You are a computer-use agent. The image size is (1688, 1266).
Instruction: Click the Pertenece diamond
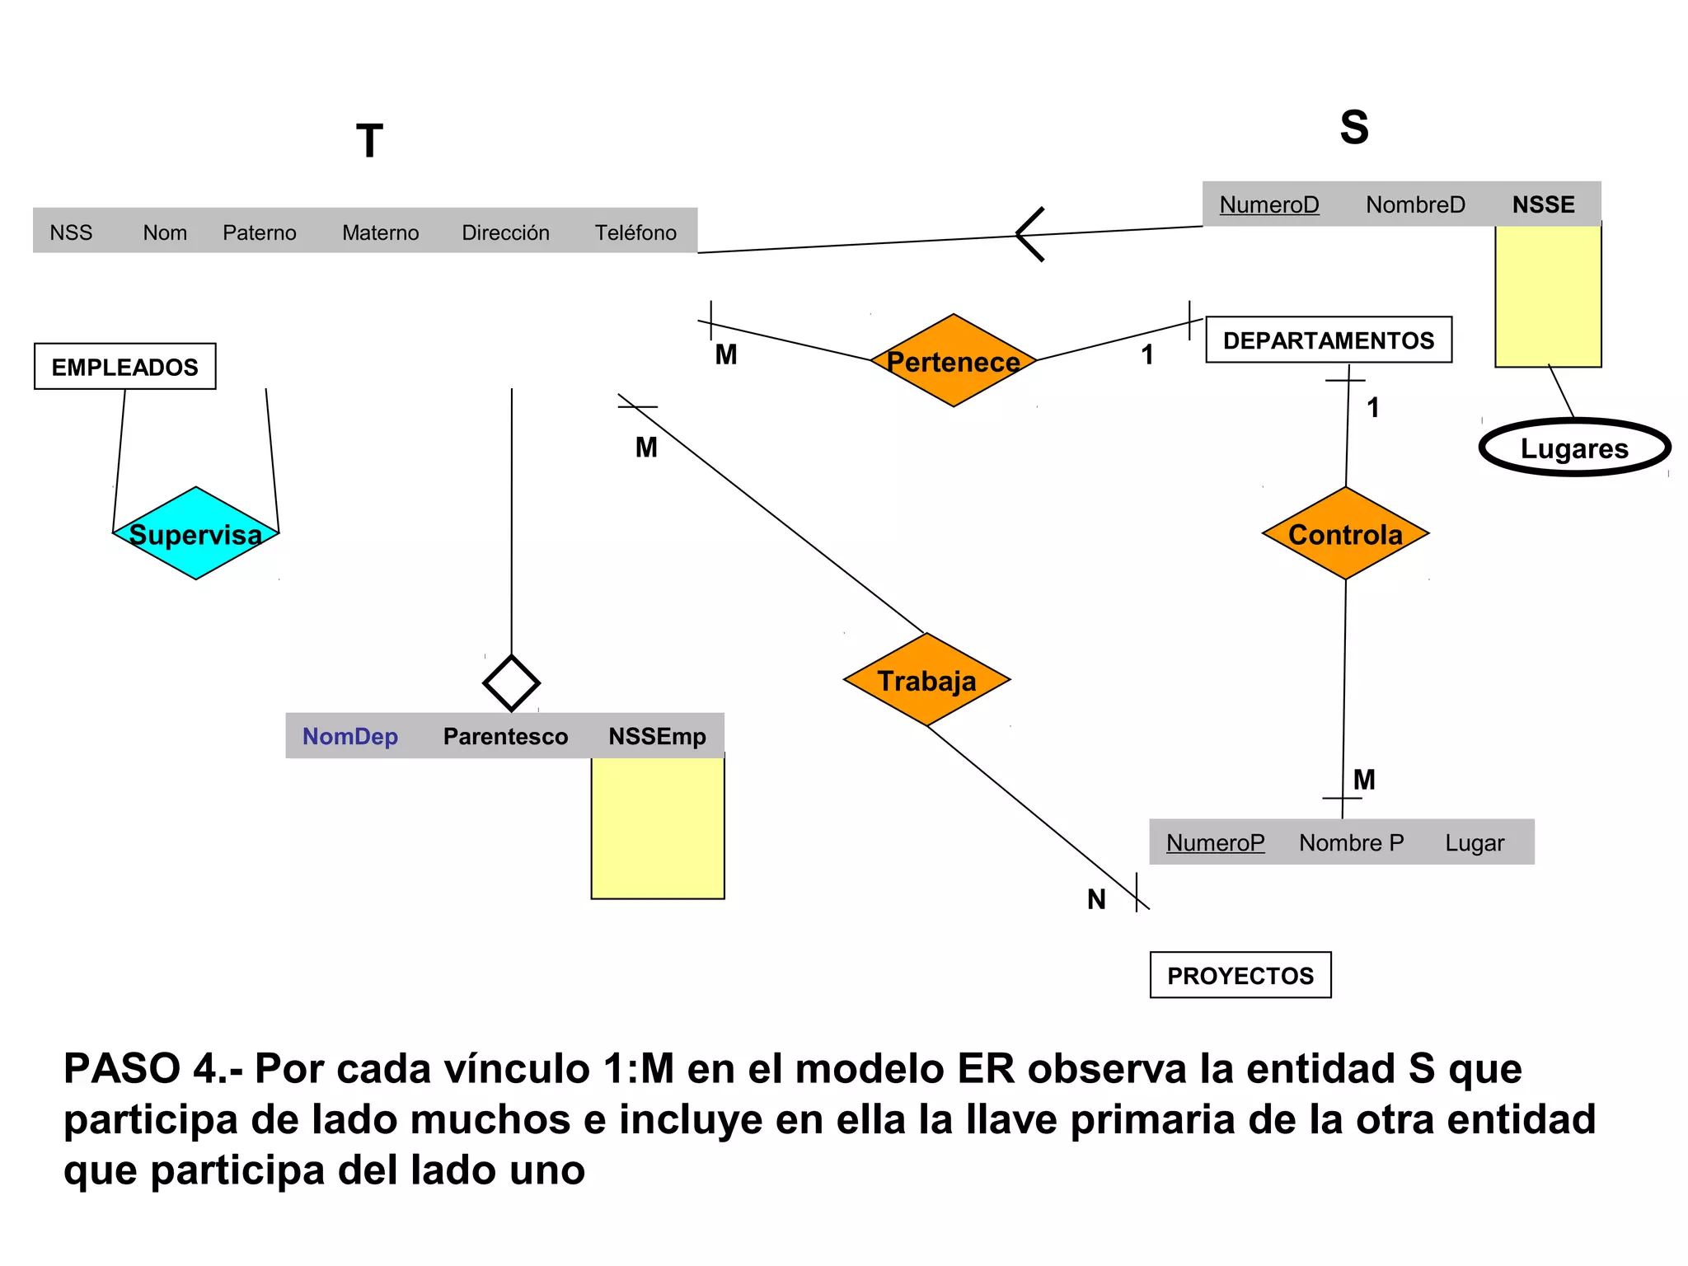pyautogui.click(x=953, y=361)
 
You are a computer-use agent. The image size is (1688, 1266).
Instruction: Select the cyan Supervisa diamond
pyautogui.click(x=195, y=533)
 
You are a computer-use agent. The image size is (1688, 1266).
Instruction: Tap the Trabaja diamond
pyautogui.click(x=926, y=680)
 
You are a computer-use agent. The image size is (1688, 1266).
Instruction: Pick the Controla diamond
pyautogui.click(x=1345, y=533)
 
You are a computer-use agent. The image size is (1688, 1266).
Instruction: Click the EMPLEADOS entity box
pyautogui.click(x=125, y=367)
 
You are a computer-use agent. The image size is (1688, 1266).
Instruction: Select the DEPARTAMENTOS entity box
pyautogui.click(x=1328, y=340)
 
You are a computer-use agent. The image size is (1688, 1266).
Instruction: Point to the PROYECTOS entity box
pyautogui.click(x=1240, y=975)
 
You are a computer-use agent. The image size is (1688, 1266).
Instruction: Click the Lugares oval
pyautogui.click(x=1574, y=448)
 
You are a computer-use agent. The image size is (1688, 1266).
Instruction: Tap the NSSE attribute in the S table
pyautogui.click(x=1543, y=204)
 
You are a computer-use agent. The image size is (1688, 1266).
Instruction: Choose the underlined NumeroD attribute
pyautogui.click(x=1268, y=204)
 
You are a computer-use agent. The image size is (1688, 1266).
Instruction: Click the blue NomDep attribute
pyautogui.click(x=350, y=736)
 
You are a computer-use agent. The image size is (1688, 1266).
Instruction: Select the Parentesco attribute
pyautogui.click(x=505, y=736)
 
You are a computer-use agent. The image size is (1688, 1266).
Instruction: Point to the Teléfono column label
pyautogui.click(x=635, y=232)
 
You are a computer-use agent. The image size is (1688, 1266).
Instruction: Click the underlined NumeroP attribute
pyautogui.click(x=1215, y=842)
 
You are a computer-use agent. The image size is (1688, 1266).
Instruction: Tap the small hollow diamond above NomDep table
pyautogui.click(x=511, y=682)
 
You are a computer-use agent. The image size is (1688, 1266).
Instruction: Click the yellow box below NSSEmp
pyautogui.click(x=658, y=828)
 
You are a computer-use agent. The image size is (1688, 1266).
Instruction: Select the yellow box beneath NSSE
pyautogui.click(x=1548, y=296)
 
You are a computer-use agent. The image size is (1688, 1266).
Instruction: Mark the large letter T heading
pyautogui.click(x=369, y=141)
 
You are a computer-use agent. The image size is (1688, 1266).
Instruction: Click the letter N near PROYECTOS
pyautogui.click(x=1096, y=899)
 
